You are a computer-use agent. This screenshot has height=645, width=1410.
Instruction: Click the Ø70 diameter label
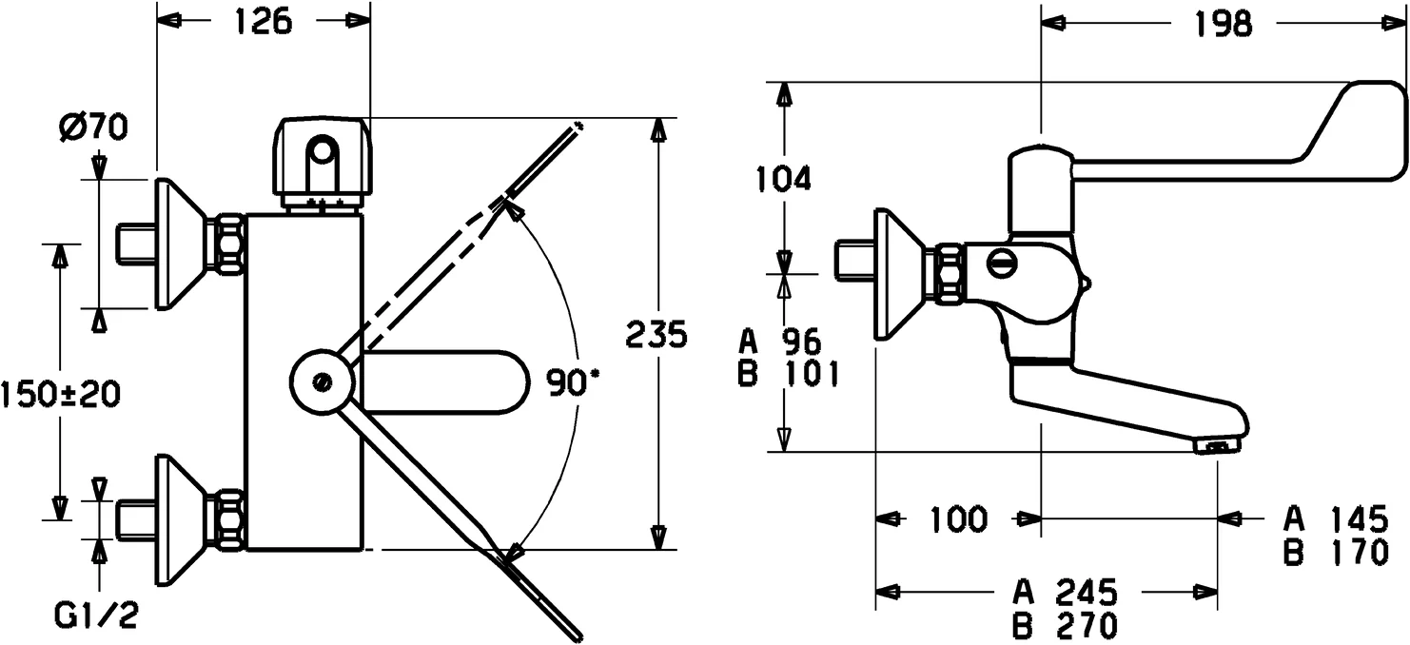click(x=94, y=127)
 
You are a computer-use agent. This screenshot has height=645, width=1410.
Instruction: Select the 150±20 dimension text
click(x=60, y=394)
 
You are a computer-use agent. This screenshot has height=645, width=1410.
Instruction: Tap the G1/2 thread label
click(x=95, y=619)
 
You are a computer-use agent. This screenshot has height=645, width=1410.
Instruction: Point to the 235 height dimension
click(x=656, y=335)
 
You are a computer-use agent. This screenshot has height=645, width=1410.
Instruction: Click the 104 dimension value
click(x=783, y=178)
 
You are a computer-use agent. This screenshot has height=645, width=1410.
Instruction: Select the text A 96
click(x=779, y=341)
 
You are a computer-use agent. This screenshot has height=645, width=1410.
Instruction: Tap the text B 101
click(x=789, y=375)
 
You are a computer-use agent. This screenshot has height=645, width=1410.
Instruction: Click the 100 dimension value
click(x=959, y=519)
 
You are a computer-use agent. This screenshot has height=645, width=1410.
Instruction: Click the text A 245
click(x=1065, y=594)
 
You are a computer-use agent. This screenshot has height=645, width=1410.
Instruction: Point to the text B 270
click(x=1065, y=625)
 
